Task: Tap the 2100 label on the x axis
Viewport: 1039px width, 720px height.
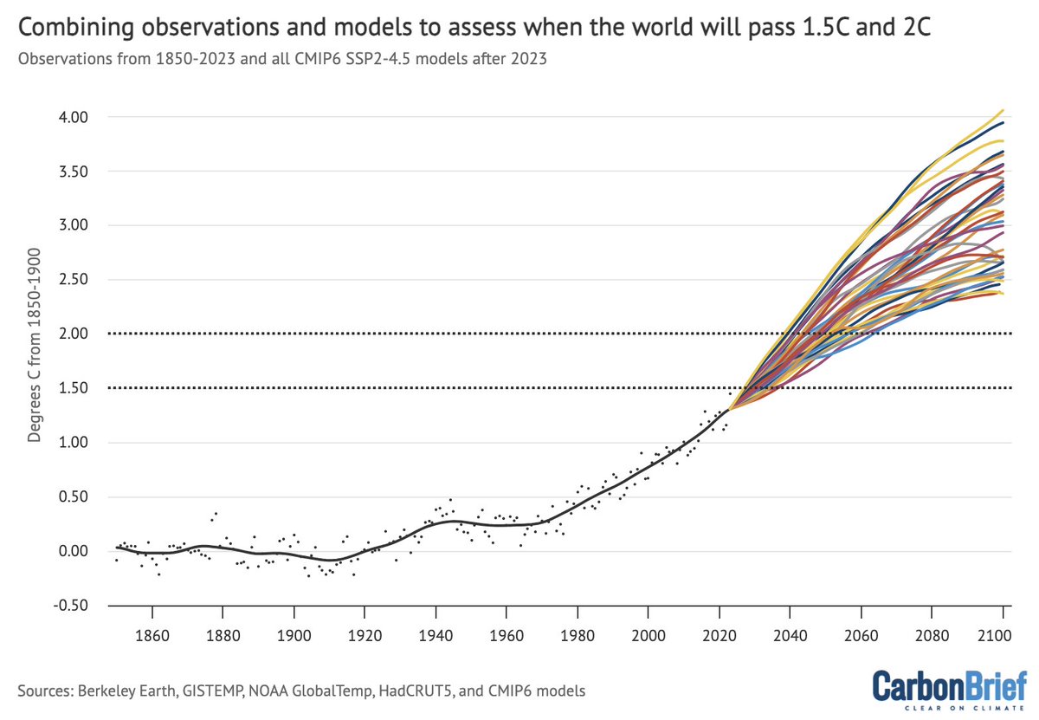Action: (1003, 636)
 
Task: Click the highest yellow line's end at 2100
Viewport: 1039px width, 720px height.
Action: (1003, 110)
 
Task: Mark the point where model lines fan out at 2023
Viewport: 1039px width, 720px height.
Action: (730, 409)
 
